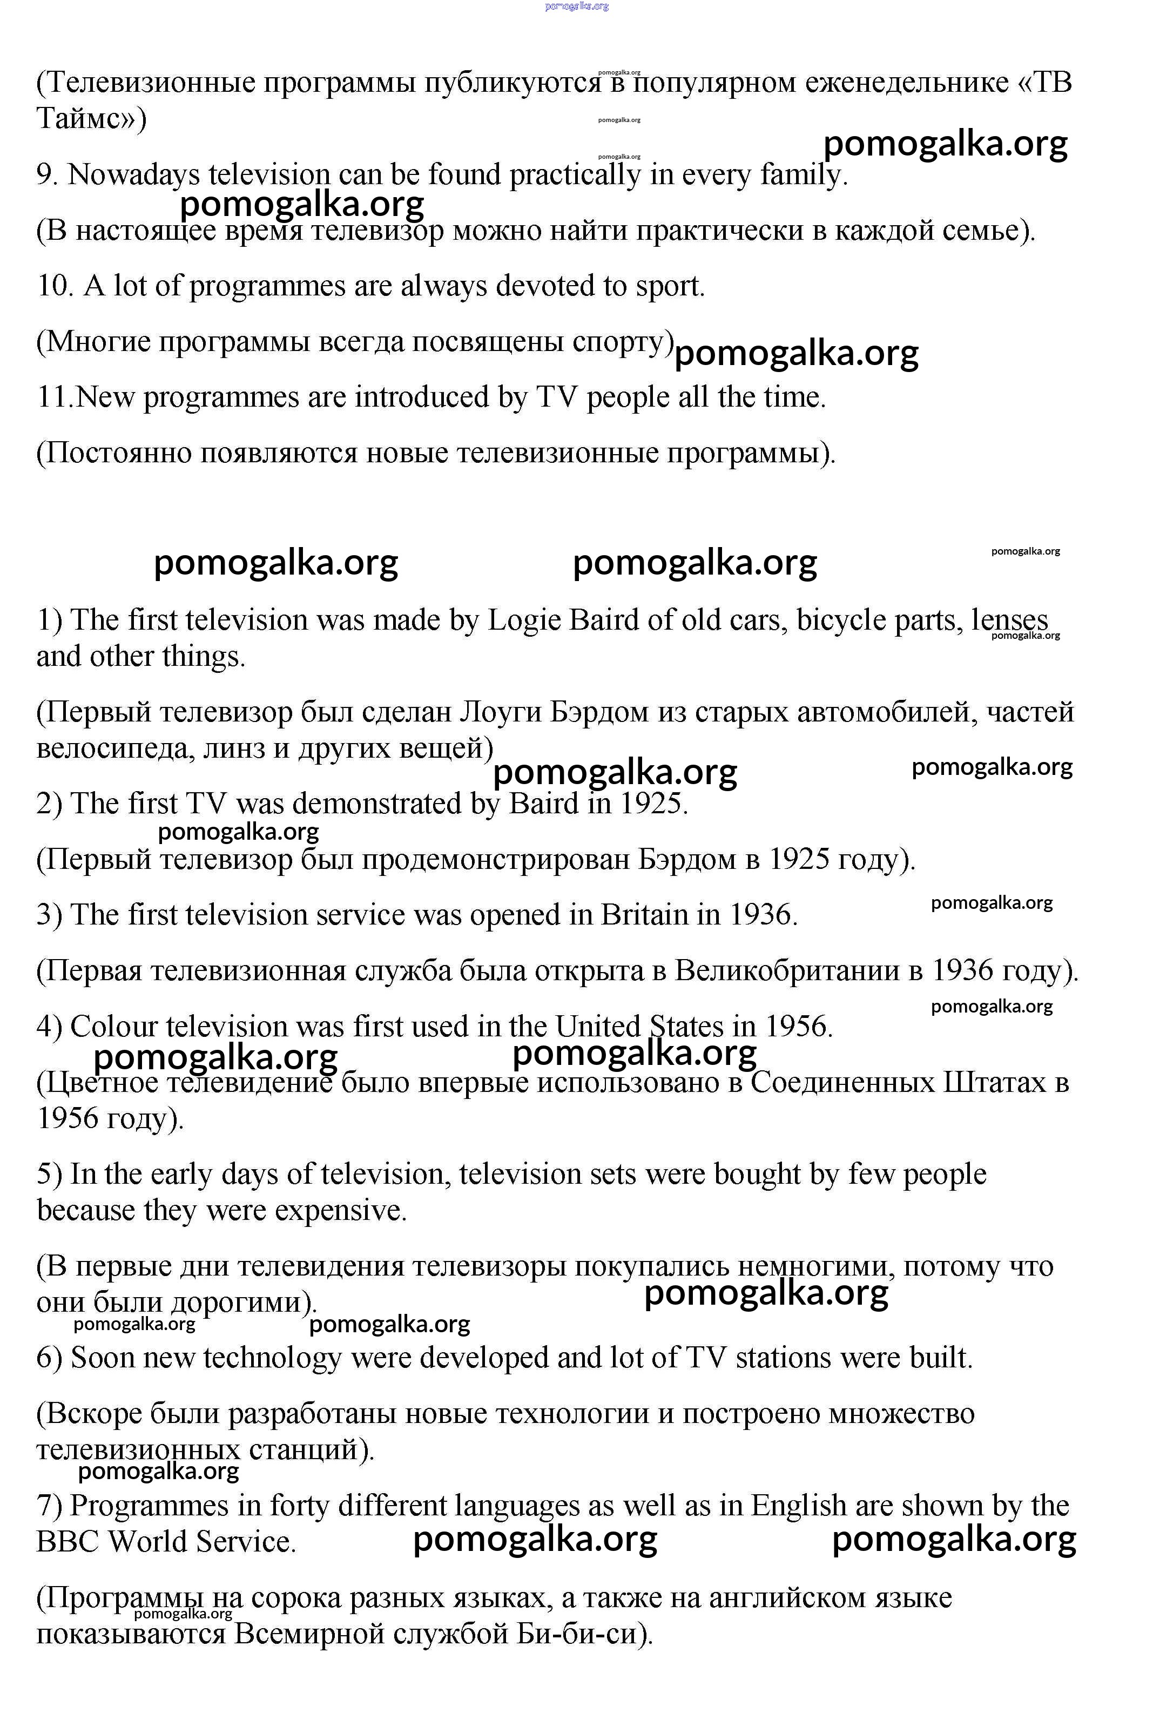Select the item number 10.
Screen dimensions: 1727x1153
[53, 286]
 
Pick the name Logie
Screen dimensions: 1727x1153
[523, 620]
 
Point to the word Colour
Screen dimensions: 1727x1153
[114, 1027]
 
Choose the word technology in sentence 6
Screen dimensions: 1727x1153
[272, 1358]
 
